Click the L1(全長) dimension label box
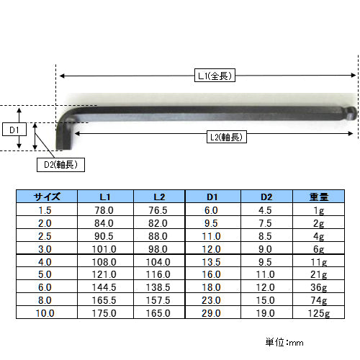pyautogui.click(x=215, y=76)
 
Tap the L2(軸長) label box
pyautogui.click(x=227, y=137)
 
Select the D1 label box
pyautogui.click(x=14, y=130)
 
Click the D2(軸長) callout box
pyautogui.click(x=60, y=165)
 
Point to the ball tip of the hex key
pyautogui.click(x=352, y=113)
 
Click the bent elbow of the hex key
pyautogui.click(x=66, y=117)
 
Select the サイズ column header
pyautogui.click(x=47, y=197)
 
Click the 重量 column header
pyautogui.click(x=318, y=197)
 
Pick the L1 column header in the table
pyautogui.click(x=105, y=197)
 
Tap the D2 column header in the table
pyautogui.click(x=266, y=197)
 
